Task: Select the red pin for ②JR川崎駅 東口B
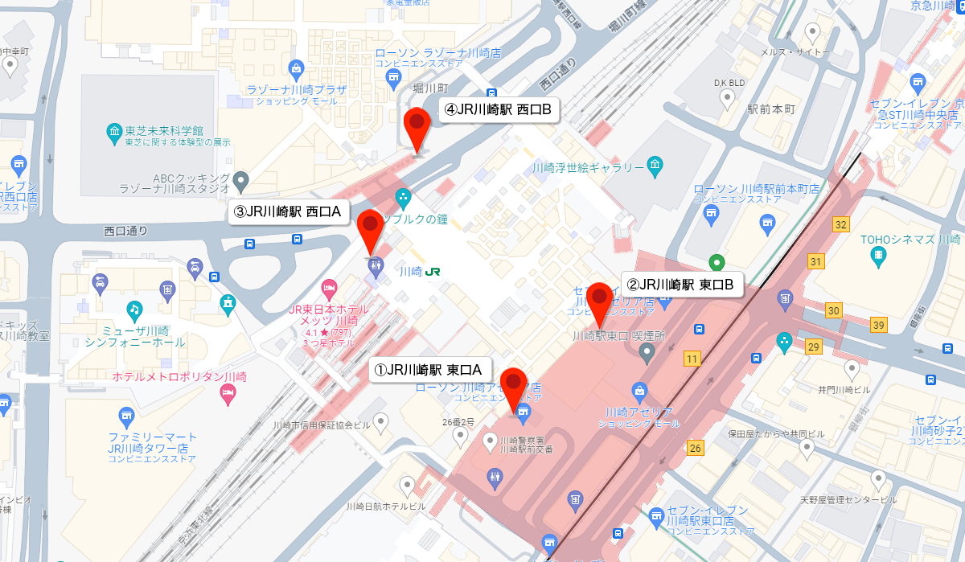tap(599, 299)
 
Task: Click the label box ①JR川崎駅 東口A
tap(426, 370)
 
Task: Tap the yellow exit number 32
tap(841, 224)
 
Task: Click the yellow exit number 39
tap(879, 324)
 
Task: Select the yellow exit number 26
tap(696, 448)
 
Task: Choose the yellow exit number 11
tap(692, 357)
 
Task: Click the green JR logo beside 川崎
tap(433, 272)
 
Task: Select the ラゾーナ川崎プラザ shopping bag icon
tap(297, 68)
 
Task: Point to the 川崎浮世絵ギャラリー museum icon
tap(655, 167)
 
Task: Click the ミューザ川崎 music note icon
tap(133, 308)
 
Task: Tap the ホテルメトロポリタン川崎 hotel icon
tap(228, 393)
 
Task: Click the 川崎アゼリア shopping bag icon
tap(640, 393)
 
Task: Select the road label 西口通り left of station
tap(126, 231)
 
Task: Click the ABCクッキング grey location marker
tap(241, 179)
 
